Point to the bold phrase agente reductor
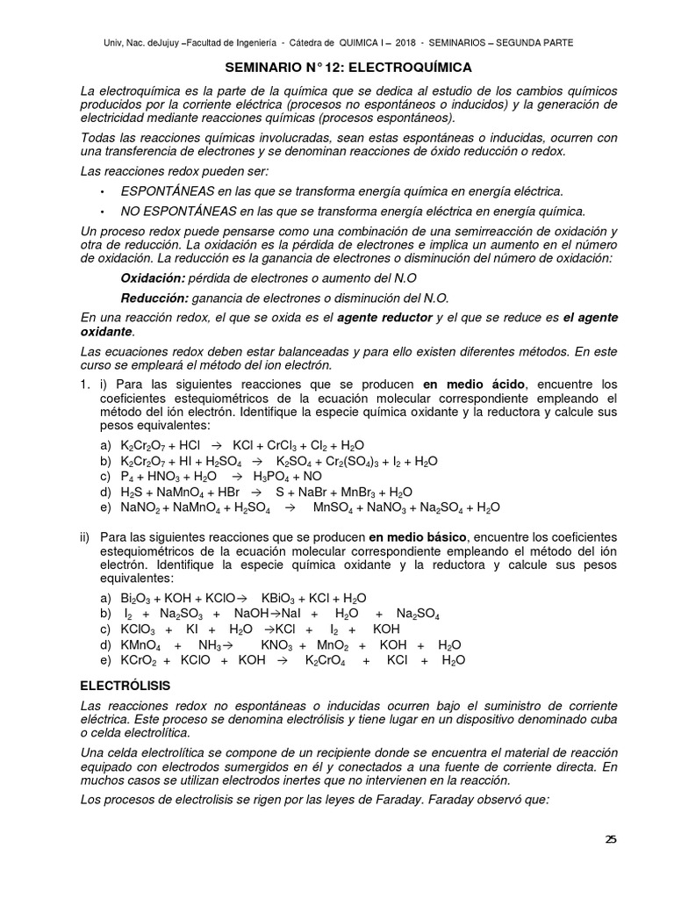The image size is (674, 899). coord(385,317)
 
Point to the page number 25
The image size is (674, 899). coord(611,838)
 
